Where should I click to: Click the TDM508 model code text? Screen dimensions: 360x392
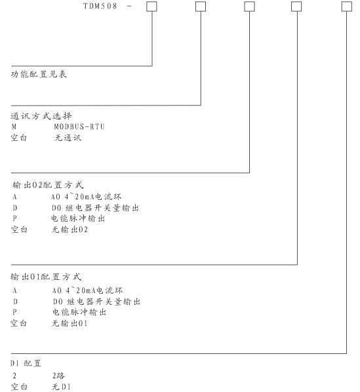pos(100,6)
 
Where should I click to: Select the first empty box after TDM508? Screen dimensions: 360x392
pos(151,7)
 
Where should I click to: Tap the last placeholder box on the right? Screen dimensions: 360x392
pos(347,7)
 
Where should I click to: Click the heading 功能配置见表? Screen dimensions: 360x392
pos(39,74)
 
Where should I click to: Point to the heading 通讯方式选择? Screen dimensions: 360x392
pos(41,116)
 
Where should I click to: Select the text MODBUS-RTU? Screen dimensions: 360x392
pos(79,127)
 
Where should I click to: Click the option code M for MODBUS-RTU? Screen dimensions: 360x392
pos(14,127)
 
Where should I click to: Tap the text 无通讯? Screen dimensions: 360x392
pos(68,138)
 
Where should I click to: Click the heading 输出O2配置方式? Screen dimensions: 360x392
pos(48,185)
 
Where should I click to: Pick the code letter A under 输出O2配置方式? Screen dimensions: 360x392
pos(14,197)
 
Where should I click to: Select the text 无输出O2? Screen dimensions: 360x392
pos(70,229)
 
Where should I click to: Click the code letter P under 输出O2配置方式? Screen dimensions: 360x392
pos(14,218)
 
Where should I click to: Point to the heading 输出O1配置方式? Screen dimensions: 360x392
pos(46,277)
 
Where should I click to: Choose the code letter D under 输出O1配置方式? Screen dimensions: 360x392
pos(15,302)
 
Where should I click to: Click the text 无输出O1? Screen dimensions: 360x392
pos(70,323)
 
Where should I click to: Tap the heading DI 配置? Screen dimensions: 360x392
pos(26,363)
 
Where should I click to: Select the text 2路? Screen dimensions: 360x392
pos(58,376)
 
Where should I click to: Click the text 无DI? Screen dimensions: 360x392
pos(61,387)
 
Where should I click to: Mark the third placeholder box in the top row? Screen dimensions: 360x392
pos(249,7)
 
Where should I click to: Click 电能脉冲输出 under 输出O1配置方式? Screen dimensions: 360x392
pos(79,312)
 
